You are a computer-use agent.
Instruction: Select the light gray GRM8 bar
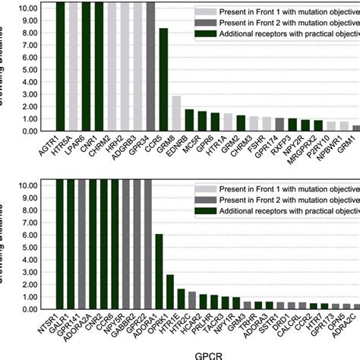click(x=176, y=114)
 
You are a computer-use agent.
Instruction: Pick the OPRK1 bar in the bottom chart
click(x=170, y=289)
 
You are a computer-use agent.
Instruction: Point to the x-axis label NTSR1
click(x=50, y=326)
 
